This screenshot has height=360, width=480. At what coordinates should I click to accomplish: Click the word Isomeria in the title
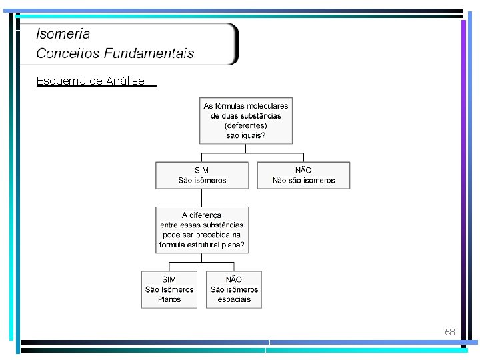63,33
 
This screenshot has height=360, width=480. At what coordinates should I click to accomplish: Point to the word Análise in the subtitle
125,81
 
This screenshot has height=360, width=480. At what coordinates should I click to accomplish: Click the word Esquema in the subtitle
61,81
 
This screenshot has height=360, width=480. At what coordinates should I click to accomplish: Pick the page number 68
450,332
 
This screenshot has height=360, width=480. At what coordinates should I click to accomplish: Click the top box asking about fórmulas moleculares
246,121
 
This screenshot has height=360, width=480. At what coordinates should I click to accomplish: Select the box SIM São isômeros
202,175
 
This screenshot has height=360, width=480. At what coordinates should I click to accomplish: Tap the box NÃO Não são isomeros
303,175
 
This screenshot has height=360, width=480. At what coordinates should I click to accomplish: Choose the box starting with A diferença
202,230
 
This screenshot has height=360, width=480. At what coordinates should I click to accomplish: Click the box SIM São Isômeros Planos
169,289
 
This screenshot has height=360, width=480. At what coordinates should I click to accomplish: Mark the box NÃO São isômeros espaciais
234,289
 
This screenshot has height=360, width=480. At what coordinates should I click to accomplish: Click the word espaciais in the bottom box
234,300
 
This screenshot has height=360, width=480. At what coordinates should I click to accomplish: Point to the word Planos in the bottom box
169,300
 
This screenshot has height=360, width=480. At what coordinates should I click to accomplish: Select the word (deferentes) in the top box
246,125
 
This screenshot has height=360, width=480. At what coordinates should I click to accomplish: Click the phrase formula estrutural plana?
202,245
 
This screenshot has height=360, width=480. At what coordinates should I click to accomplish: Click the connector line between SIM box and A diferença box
201,198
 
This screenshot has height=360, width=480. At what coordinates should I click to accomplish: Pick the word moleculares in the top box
267,106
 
